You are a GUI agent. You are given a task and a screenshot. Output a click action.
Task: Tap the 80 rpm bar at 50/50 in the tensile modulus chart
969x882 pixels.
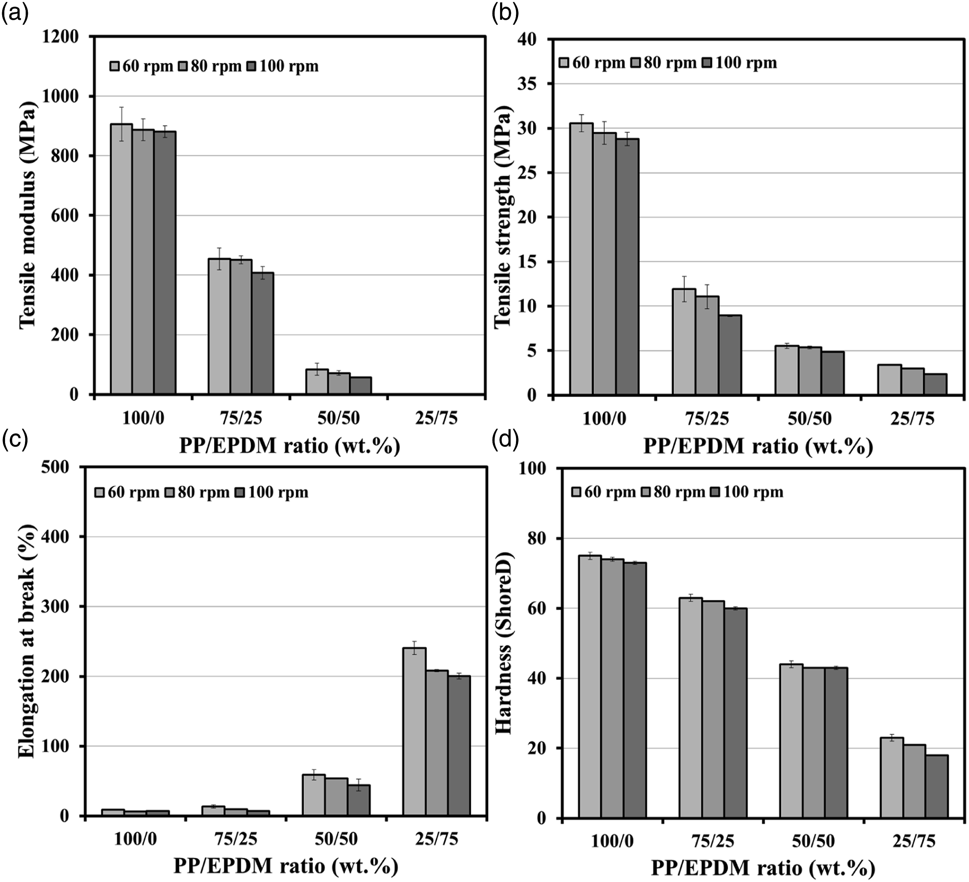(x=339, y=384)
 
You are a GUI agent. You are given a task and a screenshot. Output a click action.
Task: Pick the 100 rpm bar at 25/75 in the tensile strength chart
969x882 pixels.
(x=935, y=384)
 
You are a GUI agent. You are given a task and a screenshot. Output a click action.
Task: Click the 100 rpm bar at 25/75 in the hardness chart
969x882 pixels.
(x=936, y=786)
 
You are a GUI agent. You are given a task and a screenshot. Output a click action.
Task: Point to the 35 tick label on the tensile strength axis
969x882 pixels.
(x=527, y=84)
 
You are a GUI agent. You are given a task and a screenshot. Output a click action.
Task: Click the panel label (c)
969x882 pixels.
(x=15, y=439)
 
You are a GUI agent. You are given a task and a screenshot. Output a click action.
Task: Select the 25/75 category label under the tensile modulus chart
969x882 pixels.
(x=436, y=418)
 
